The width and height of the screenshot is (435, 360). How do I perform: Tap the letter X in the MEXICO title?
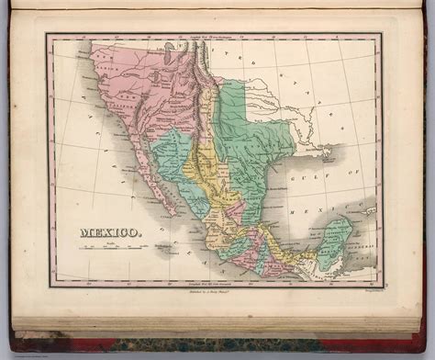tap(105, 236)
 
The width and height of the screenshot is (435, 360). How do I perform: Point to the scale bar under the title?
tap(101, 251)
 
